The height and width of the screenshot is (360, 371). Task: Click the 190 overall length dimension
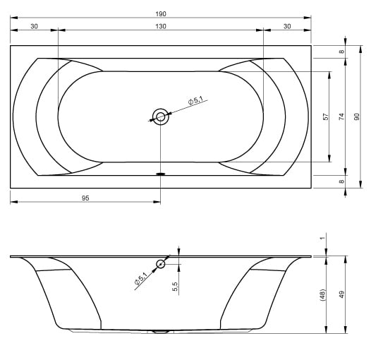point(161,14)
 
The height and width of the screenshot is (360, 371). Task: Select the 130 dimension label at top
point(161,26)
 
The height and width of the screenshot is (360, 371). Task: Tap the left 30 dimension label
point(34,26)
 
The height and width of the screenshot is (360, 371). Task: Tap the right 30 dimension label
point(287,26)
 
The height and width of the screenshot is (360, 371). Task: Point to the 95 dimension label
point(85,198)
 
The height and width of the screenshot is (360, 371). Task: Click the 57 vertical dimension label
point(326,116)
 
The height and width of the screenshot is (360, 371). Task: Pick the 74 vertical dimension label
point(341,116)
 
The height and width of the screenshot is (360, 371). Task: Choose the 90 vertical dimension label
point(357,116)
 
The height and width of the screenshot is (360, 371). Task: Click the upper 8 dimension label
point(341,52)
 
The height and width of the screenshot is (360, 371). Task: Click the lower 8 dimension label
point(341,181)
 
